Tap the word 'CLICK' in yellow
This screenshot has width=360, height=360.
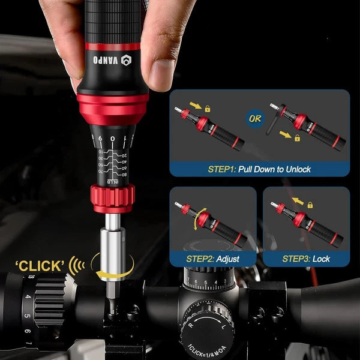coord(40,265)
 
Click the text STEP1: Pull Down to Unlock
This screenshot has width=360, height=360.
coord(259,169)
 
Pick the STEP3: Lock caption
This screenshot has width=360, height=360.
coord(306,259)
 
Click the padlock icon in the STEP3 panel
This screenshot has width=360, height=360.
coord(310,205)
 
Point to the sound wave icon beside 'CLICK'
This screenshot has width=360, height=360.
coord(77,265)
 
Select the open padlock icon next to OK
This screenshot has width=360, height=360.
coord(297,137)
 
